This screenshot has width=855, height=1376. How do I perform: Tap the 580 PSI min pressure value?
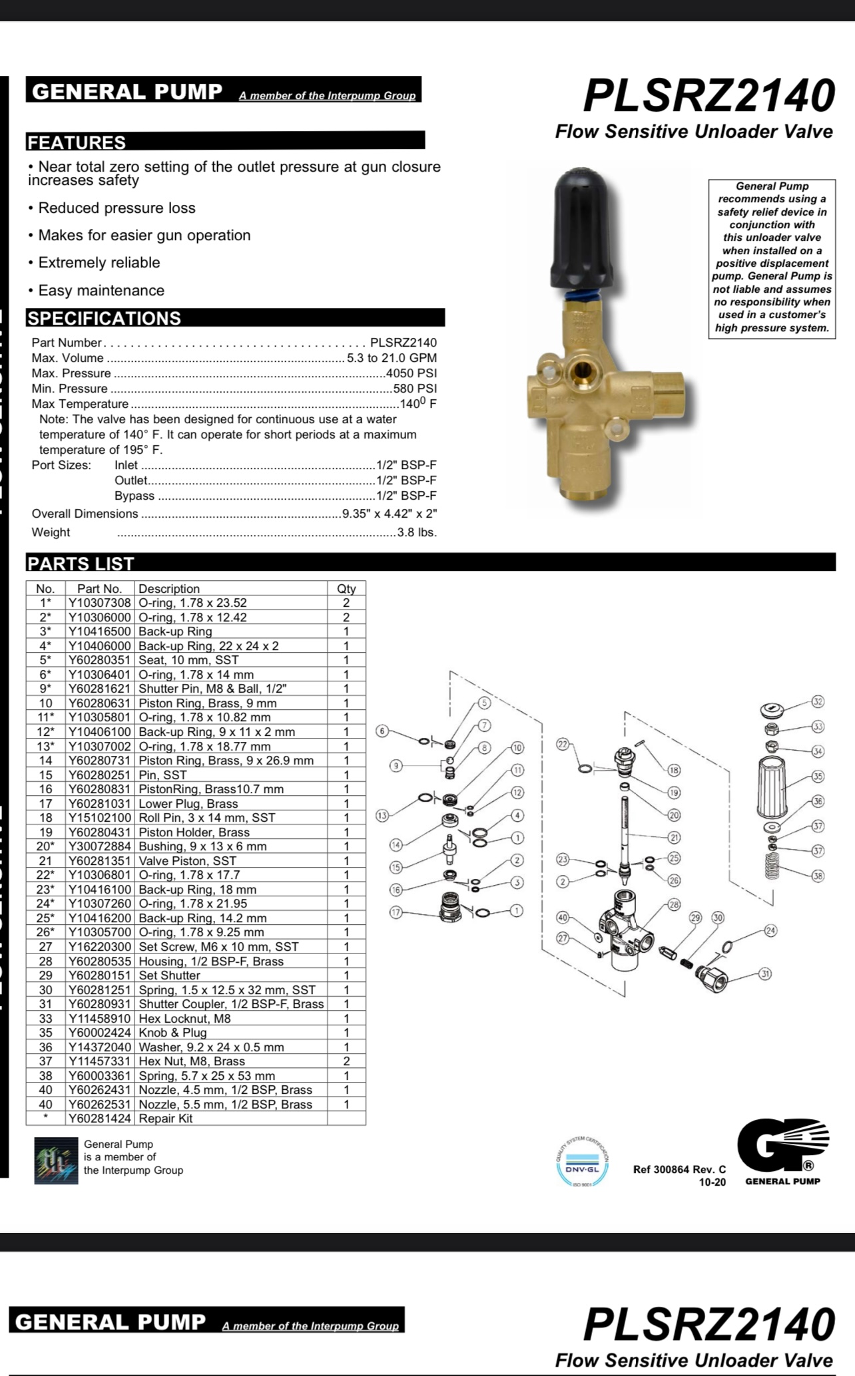coord(415,389)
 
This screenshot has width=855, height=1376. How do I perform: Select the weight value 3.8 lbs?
coord(417,532)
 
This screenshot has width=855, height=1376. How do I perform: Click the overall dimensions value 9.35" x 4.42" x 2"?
coord(390,514)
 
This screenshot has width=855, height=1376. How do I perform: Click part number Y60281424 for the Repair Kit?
coord(100,1118)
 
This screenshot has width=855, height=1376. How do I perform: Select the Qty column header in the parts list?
coord(346,589)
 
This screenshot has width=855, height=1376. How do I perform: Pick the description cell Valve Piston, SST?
coord(187,861)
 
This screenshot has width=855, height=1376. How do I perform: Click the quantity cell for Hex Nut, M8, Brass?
coord(346,1061)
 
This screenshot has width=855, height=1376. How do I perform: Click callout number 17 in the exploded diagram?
coord(396,912)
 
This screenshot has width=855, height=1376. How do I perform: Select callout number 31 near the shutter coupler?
coord(766,974)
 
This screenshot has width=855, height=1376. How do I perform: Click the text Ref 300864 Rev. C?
coord(679,1169)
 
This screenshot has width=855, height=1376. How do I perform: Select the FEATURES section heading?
coord(77,142)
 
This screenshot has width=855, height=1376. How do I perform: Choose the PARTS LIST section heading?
coord(81,564)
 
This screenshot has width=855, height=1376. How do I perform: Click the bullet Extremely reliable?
coord(99,263)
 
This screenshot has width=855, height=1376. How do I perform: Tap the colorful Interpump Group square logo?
coord(52,1160)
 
